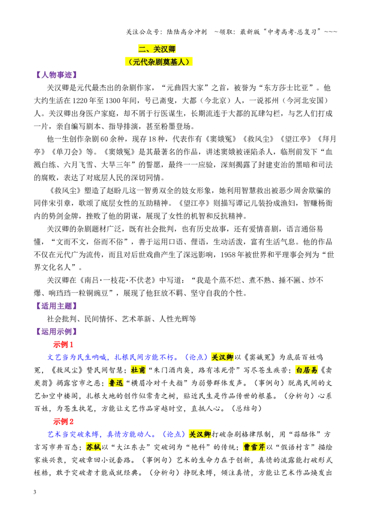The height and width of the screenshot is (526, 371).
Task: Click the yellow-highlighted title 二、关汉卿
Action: click(x=157, y=49)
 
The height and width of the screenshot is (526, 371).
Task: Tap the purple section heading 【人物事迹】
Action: click(x=56, y=75)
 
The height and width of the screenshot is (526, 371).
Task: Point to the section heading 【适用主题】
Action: click(x=56, y=306)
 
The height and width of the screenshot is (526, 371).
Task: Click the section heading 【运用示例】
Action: click(x=56, y=332)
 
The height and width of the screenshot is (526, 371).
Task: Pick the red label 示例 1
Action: click(x=63, y=344)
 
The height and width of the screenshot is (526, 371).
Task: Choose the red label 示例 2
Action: click(x=63, y=421)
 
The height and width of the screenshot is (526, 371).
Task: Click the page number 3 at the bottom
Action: click(x=35, y=492)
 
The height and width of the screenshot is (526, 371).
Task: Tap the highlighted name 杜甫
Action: click(x=138, y=370)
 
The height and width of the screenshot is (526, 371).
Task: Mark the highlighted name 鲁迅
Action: click(x=116, y=383)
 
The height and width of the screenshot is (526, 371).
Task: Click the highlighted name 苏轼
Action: click(x=93, y=447)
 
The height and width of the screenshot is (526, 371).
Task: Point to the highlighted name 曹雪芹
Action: click(x=254, y=447)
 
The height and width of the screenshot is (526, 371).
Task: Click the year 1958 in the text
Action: click(x=229, y=255)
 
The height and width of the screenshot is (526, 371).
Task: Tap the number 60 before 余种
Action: click(x=104, y=139)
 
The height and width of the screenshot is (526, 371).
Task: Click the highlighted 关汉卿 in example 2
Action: click(x=199, y=434)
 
